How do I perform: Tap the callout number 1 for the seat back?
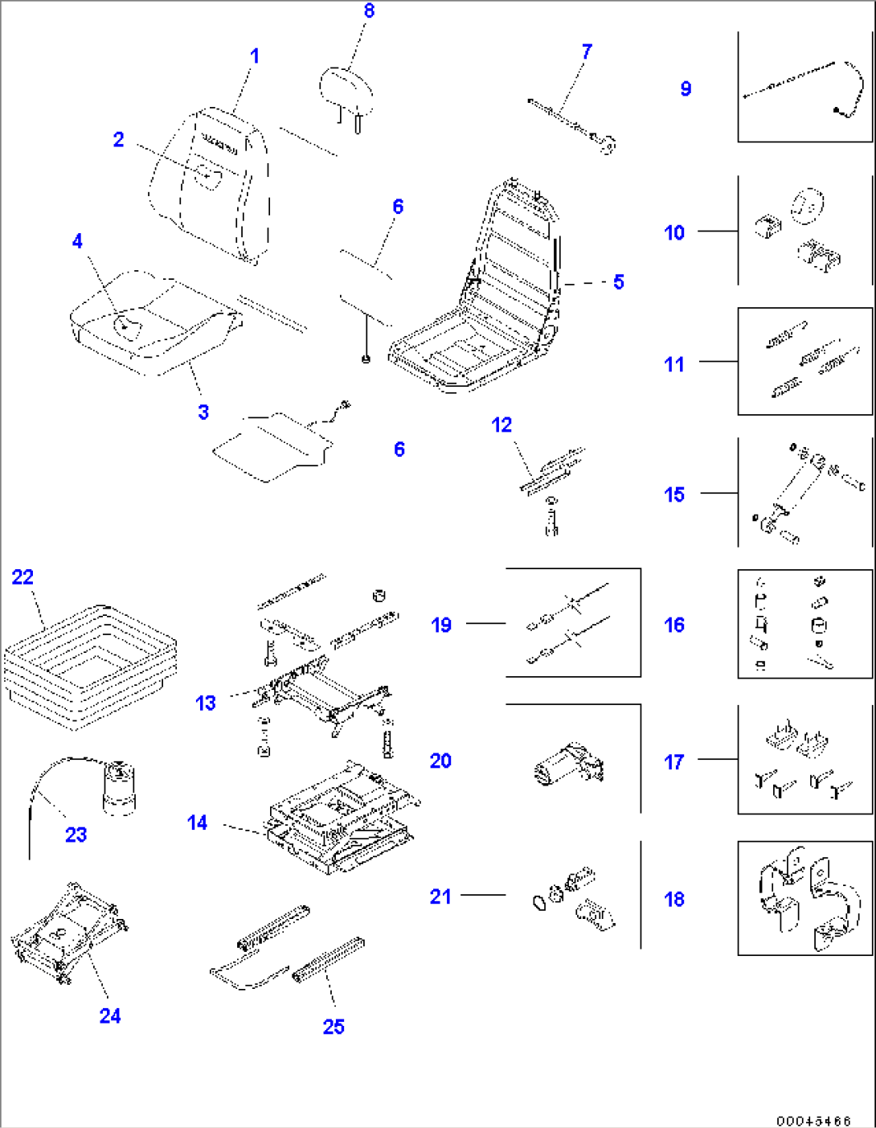coord(255,56)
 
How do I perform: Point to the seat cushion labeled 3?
coord(153,322)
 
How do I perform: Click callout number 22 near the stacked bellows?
coord(23,576)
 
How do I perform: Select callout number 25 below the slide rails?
coord(334,1027)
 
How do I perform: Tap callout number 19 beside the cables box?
coord(441,625)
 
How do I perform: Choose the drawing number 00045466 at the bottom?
coord(813,1121)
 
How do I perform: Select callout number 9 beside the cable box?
coord(686,88)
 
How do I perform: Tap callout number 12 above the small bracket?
coord(501,425)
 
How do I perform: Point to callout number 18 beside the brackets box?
coord(674,899)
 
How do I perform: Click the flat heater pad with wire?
coord(269,446)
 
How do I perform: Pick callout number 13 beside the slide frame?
coord(206,703)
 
